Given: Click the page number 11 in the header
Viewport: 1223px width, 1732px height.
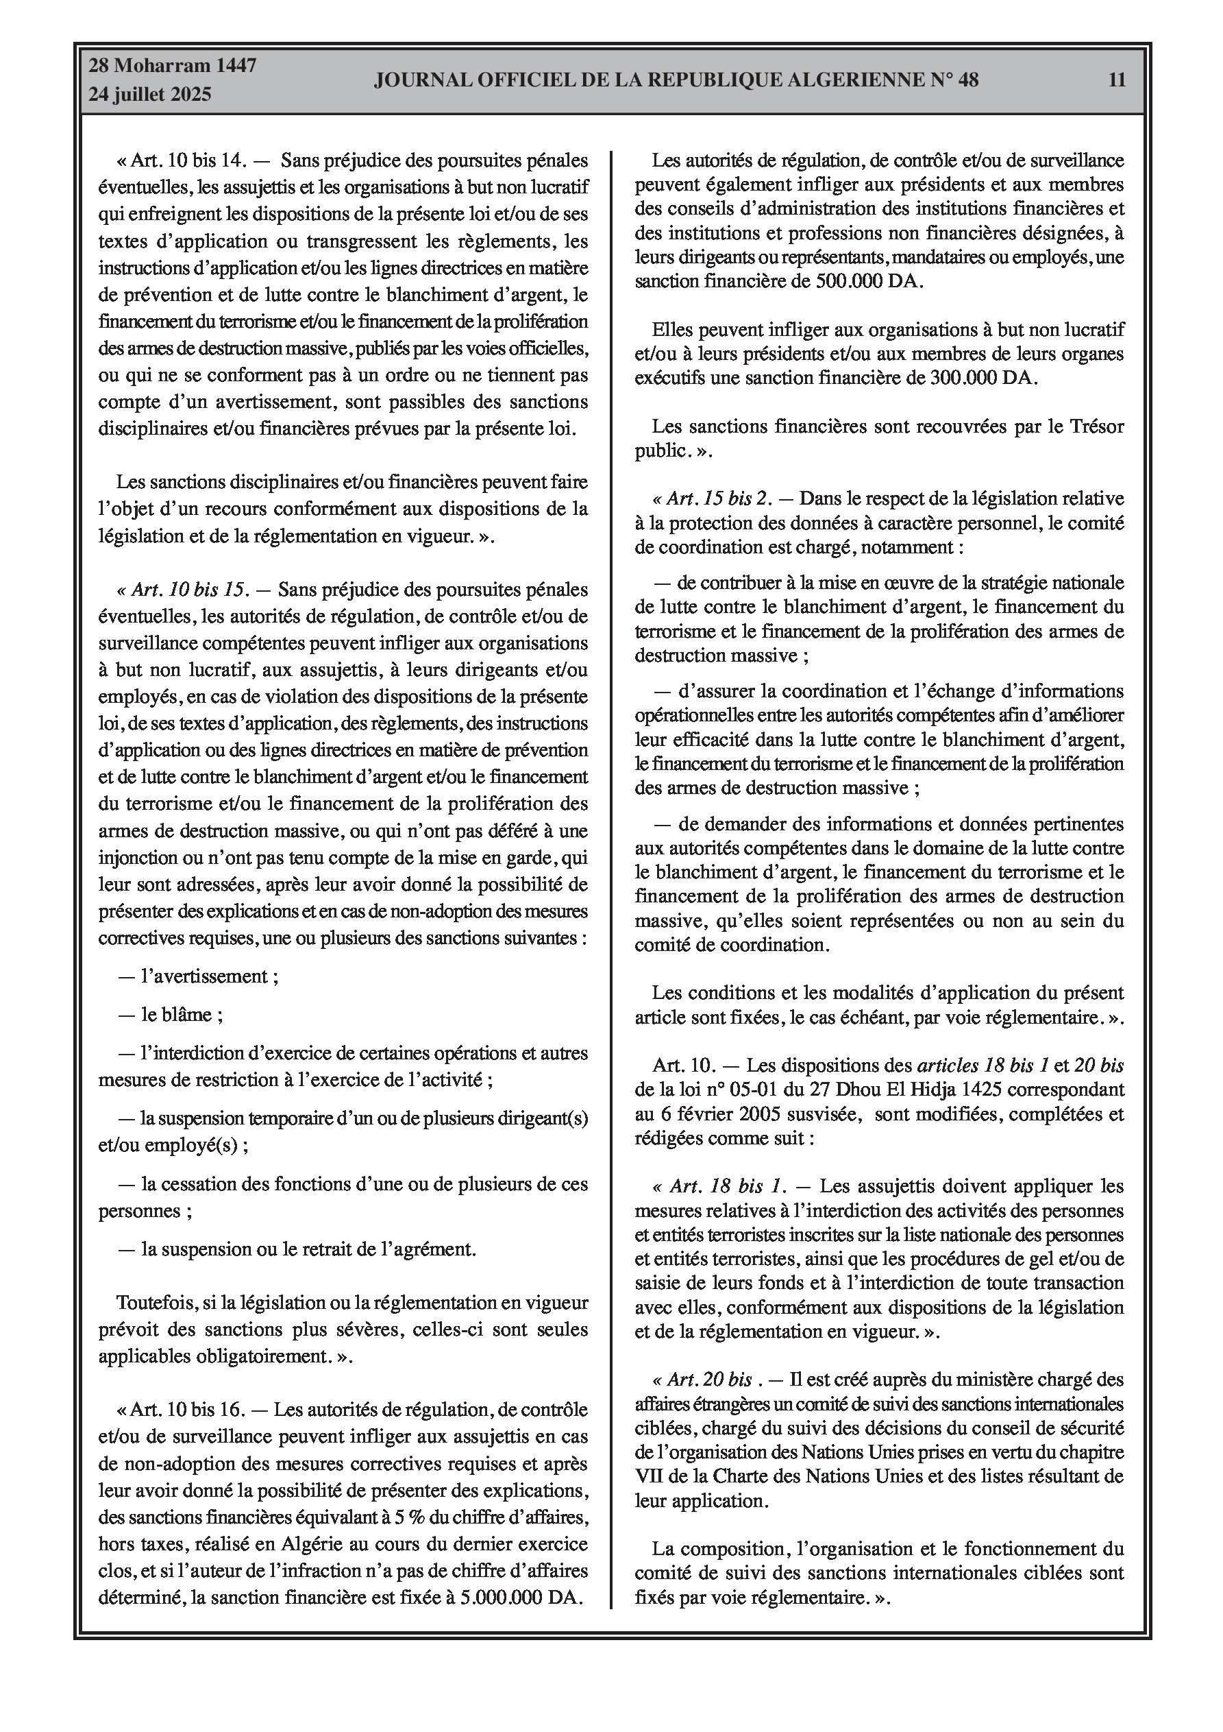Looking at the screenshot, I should pyautogui.click(x=1117, y=80).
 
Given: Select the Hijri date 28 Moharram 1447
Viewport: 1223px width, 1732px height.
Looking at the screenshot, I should pyautogui.click(x=173, y=66).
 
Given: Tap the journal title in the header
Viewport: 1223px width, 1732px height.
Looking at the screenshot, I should pyautogui.click(x=676, y=80).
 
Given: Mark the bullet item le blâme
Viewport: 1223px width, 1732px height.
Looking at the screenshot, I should pyautogui.click(x=181, y=1015).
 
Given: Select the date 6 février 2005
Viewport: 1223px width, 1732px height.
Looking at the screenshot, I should pyautogui.click(x=704, y=1114).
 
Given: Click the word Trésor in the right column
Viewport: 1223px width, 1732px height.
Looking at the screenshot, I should pyautogui.click(x=1096, y=426).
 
